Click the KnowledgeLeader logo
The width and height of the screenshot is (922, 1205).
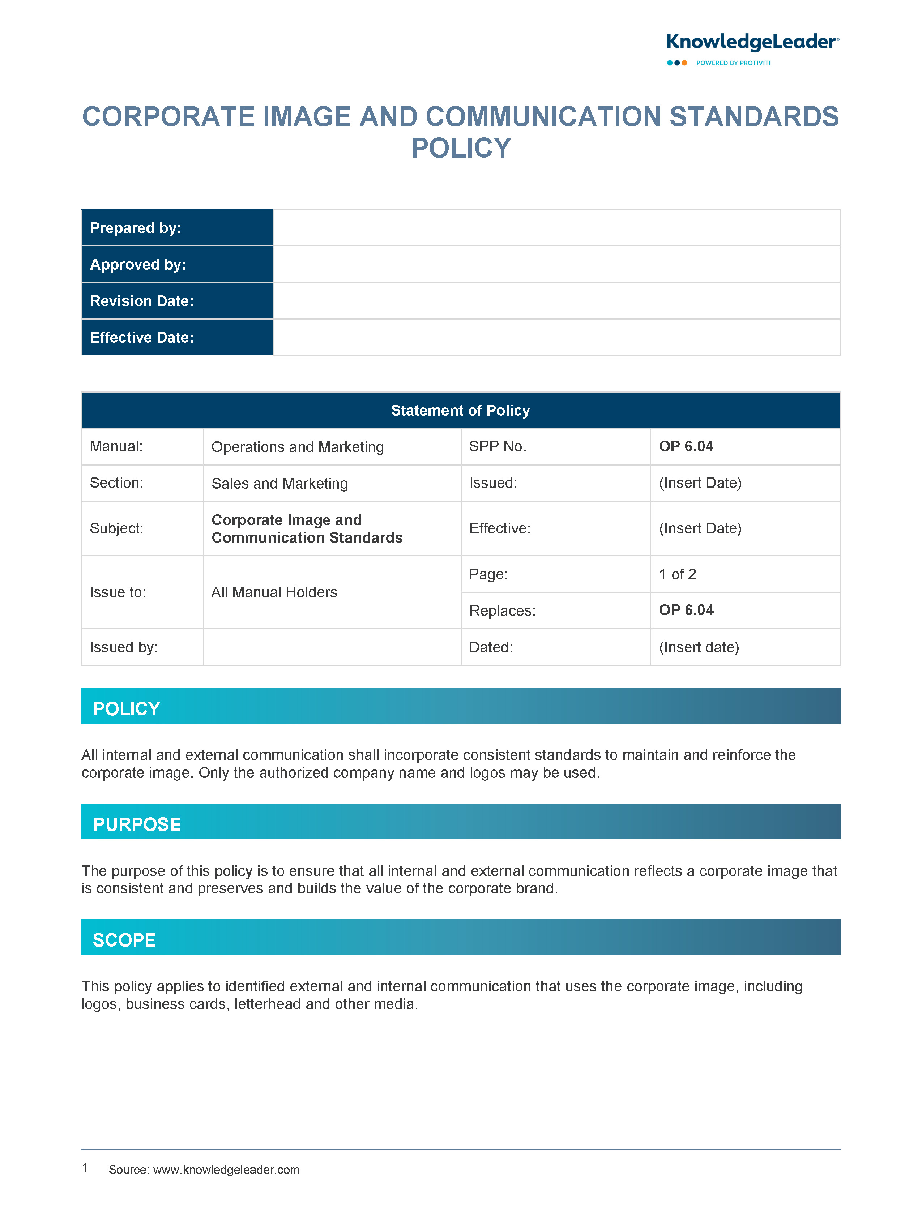click(752, 43)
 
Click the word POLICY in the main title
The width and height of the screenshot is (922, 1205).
click(461, 148)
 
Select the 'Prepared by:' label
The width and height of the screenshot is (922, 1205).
click(136, 228)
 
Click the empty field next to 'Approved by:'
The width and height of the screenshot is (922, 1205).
click(556, 264)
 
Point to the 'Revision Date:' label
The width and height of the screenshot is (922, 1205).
click(142, 301)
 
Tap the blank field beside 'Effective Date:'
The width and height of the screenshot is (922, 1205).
click(556, 337)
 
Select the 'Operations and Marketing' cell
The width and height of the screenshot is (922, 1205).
click(298, 447)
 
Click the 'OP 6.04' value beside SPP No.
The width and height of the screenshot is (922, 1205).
click(686, 446)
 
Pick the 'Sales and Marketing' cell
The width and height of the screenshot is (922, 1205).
click(280, 483)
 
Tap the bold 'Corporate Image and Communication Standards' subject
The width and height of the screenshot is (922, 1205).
click(307, 529)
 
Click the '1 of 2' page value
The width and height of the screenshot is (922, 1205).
click(677, 574)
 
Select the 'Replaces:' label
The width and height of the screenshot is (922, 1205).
click(502, 610)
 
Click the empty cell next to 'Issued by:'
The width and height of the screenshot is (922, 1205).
click(332, 647)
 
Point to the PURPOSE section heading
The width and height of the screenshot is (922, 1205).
click(137, 824)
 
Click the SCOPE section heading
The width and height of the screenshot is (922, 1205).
click(124, 940)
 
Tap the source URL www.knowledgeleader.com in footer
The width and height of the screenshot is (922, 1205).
click(226, 1170)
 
